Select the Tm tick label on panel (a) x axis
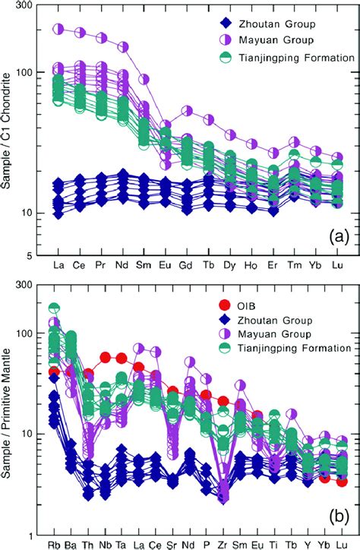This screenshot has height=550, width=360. tap(295, 267)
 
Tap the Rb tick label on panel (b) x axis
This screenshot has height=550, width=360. tap(55, 545)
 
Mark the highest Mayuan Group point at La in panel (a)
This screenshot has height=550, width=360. tap(58, 30)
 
